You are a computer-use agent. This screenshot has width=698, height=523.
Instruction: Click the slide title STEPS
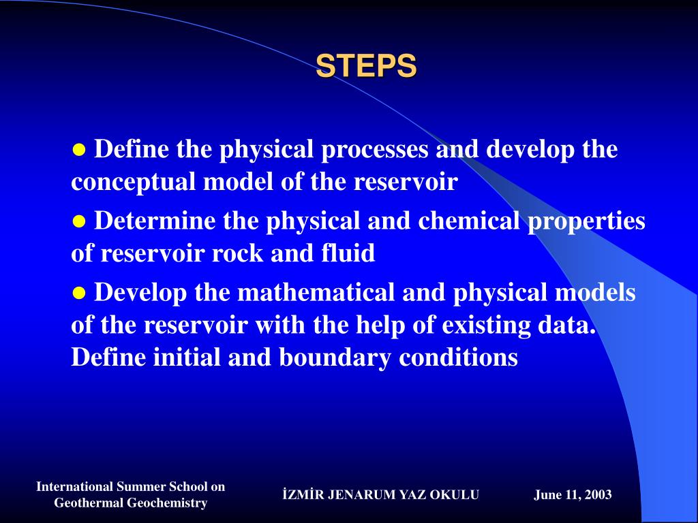[366, 66]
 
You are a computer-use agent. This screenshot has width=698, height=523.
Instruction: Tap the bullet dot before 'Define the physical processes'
[79, 149]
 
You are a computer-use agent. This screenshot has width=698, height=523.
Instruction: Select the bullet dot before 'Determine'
[79, 221]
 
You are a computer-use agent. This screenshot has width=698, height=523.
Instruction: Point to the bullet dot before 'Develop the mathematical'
[79, 294]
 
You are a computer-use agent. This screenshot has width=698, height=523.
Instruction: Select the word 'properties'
[586, 222]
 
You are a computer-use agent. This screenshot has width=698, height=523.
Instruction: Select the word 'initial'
[183, 358]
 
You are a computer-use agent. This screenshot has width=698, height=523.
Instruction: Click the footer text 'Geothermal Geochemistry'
[130, 503]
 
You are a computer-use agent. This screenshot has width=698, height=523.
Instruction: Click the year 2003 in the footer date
[598, 495]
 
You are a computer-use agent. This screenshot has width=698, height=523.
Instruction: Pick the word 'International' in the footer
[74, 486]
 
